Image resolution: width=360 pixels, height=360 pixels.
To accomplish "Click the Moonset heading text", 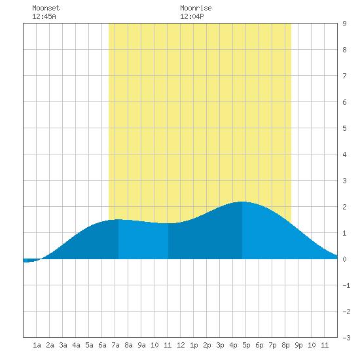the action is pyautogui.click(x=46, y=8).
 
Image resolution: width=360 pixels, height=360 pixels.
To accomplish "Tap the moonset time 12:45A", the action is pyautogui.click(x=44, y=16).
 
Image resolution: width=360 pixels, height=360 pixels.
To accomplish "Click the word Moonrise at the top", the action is pyautogui.click(x=196, y=8).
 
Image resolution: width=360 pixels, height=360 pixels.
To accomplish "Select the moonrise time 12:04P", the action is pyautogui.click(x=192, y=16).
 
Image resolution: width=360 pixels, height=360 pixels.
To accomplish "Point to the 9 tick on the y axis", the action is pyautogui.click(x=344, y=24).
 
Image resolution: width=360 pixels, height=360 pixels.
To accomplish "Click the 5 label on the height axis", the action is pyautogui.click(x=344, y=128).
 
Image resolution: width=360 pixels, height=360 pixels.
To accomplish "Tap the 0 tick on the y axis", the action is pyautogui.click(x=344, y=259).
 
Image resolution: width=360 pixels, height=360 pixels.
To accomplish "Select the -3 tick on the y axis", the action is pyautogui.click(x=346, y=338).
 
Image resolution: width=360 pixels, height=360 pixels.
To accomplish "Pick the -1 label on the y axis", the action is pyautogui.click(x=346, y=285).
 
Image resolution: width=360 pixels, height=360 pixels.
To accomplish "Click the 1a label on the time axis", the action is pyautogui.click(x=37, y=345).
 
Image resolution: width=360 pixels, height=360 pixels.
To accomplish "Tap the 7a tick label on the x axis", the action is pyautogui.click(x=115, y=345).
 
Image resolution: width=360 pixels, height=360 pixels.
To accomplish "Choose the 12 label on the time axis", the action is pyautogui.click(x=181, y=345).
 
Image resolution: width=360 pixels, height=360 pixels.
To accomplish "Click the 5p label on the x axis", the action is pyautogui.click(x=246, y=345).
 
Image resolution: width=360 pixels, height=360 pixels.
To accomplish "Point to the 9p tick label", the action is pyautogui.click(x=298, y=345).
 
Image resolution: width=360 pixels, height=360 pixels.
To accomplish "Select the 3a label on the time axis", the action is pyautogui.click(x=63, y=345).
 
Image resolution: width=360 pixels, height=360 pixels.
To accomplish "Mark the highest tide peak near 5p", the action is pyautogui.click(x=242, y=202).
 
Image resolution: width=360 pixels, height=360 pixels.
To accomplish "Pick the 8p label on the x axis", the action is pyautogui.click(x=285, y=345).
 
